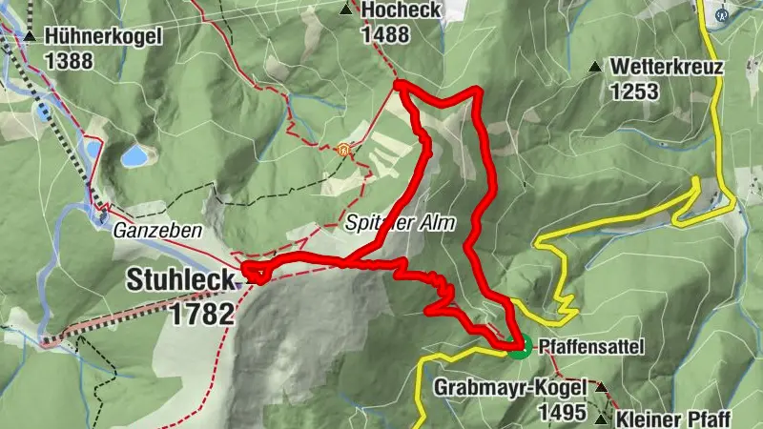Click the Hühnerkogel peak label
click(x=103, y=36)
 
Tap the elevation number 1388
click(x=68, y=60)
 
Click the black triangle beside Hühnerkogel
click(x=31, y=36)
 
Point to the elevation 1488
click(x=385, y=34)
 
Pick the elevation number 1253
click(x=634, y=92)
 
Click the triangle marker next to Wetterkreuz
click(x=595, y=67)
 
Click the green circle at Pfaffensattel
click(x=518, y=345)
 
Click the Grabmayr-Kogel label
click(x=510, y=387)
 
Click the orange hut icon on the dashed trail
click(x=343, y=149)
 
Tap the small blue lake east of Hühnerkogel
click(x=134, y=155)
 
